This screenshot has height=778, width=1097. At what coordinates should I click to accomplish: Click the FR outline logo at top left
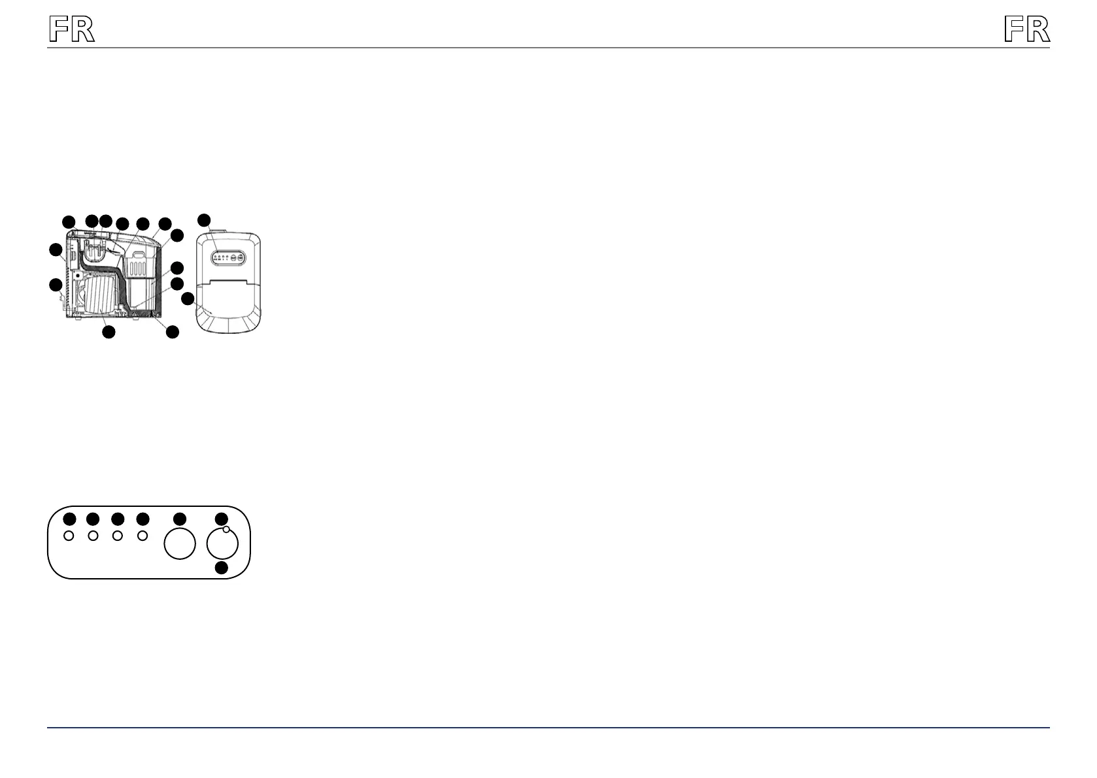coord(72,30)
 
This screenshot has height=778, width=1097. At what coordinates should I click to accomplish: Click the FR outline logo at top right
coord(1026,30)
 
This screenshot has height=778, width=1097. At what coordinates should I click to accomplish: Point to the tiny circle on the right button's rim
coord(226,530)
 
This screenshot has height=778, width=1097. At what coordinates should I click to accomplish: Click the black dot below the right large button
coord(222,568)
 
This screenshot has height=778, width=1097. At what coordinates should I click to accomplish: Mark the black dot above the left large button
coord(180,519)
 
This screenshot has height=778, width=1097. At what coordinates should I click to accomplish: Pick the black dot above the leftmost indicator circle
coord(69,519)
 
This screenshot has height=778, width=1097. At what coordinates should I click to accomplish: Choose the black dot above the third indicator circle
coord(118,519)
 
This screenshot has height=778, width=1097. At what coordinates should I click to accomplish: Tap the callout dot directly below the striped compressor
coord(109,332)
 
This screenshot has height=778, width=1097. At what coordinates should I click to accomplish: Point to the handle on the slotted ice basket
coord(139,253)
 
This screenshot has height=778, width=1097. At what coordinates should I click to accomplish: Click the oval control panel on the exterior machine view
coord(228,258)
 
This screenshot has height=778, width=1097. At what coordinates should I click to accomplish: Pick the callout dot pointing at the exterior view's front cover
coord(188,299)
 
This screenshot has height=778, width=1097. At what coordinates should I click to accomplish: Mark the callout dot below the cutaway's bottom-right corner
coord(172,332)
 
